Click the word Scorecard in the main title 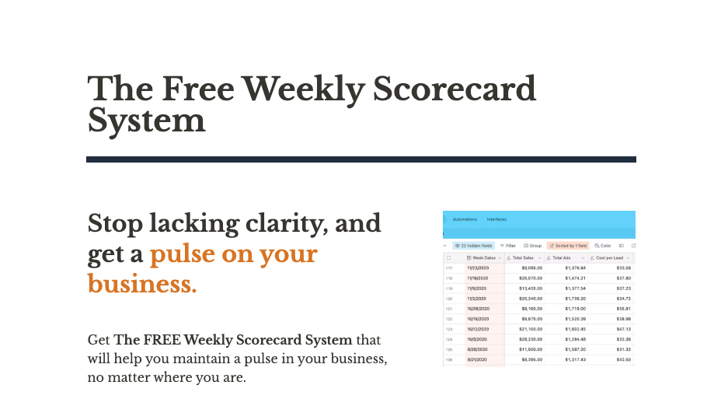(x=455, y=89)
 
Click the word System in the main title (x=146, y=121)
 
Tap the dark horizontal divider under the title (x=361, y=159)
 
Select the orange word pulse (x=184, y=254)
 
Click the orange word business (x=142, y=285)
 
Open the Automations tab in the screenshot (x=465, y=219)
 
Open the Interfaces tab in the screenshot (x=496, y=219)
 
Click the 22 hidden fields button (x=473, y=246)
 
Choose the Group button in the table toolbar (x=533, y=246)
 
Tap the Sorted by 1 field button (x=568, y=246)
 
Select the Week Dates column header (x=485, y=257)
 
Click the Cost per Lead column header (x=611, y=257)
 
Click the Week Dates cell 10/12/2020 (x=478, y=329)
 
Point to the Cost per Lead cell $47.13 (x=623, y=329)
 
